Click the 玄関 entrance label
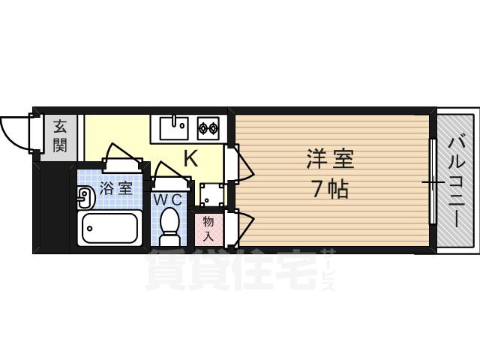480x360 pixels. point(58,135)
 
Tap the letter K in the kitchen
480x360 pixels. point(190,158)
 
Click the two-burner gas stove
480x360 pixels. point(208,127)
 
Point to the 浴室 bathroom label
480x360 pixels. point(116,187)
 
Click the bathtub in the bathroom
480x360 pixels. point(110,227)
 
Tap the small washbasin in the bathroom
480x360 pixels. point(84,196)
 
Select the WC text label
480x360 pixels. point(168,200)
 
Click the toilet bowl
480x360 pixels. point(169,223)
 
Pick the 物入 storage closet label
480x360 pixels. point(208,227)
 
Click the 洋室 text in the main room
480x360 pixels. point(329,159)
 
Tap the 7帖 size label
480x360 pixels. point(329,189)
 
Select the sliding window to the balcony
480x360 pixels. point(433,181)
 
